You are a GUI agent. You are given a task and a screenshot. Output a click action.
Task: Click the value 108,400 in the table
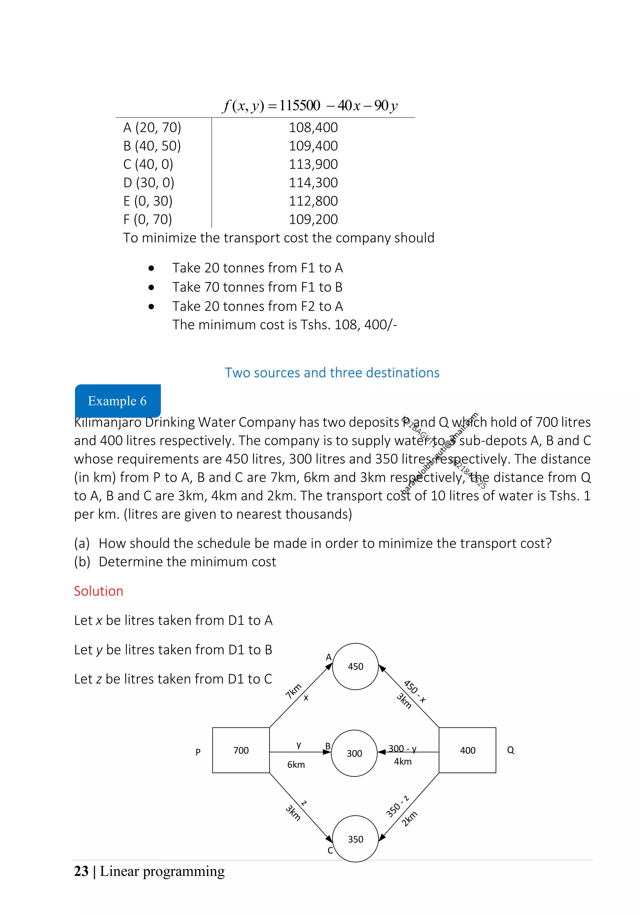pyautogui.click(x=313, y=128)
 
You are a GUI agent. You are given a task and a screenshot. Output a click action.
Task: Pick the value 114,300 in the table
pyautogui.click(x=313, y=183)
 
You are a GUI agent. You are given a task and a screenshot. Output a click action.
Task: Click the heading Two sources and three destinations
pyautogui.click(x=332, y=373)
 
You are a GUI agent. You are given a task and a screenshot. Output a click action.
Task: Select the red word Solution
pyautogui.click(x=98, y=591)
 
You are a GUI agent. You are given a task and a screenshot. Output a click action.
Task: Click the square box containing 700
pyautogui.click(x=241, y=750)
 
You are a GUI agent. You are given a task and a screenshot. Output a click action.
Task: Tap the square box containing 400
pyautogui.click(x=467, y=750)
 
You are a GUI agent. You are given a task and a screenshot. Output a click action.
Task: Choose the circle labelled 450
pyautogui.click(x=355, y=667)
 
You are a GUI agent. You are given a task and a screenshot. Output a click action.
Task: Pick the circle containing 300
pyautogui.click(x=354, y=753)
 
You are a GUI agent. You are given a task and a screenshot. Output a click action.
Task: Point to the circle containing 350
pyautogui.click(x=355, y=839)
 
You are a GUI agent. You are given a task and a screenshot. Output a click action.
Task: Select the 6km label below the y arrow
pyautogui.click(x=296, y=765)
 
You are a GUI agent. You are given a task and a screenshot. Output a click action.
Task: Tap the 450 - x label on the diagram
pyautogui.click(x=415, y=692)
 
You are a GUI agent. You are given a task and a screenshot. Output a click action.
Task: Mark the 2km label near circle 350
pyautogui.click(x=409, y=819)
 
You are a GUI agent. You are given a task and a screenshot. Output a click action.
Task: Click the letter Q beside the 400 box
pyautogui.click(x=510, y=750)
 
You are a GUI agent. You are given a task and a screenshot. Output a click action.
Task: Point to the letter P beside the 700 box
pyautogui.click(x=198, y=752)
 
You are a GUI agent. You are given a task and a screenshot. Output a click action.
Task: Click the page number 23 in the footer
pyautogui.click(x=81, y=871)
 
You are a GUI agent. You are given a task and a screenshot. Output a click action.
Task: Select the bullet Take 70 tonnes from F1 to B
pyautogui.click(x=257, y=287)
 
